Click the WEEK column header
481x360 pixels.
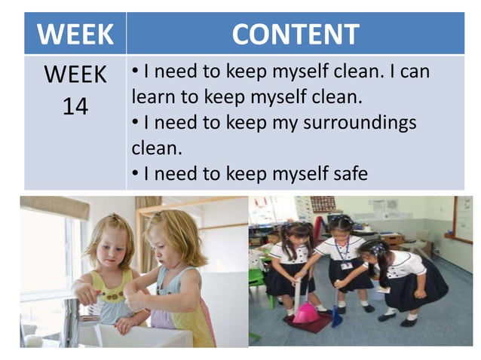[75, 33]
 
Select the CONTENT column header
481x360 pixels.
[295, 33]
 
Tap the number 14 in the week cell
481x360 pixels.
[75, 106]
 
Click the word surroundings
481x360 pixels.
[359, 122]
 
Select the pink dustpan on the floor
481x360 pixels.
[305, 311]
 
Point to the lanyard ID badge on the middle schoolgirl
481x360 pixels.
[347, 264]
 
